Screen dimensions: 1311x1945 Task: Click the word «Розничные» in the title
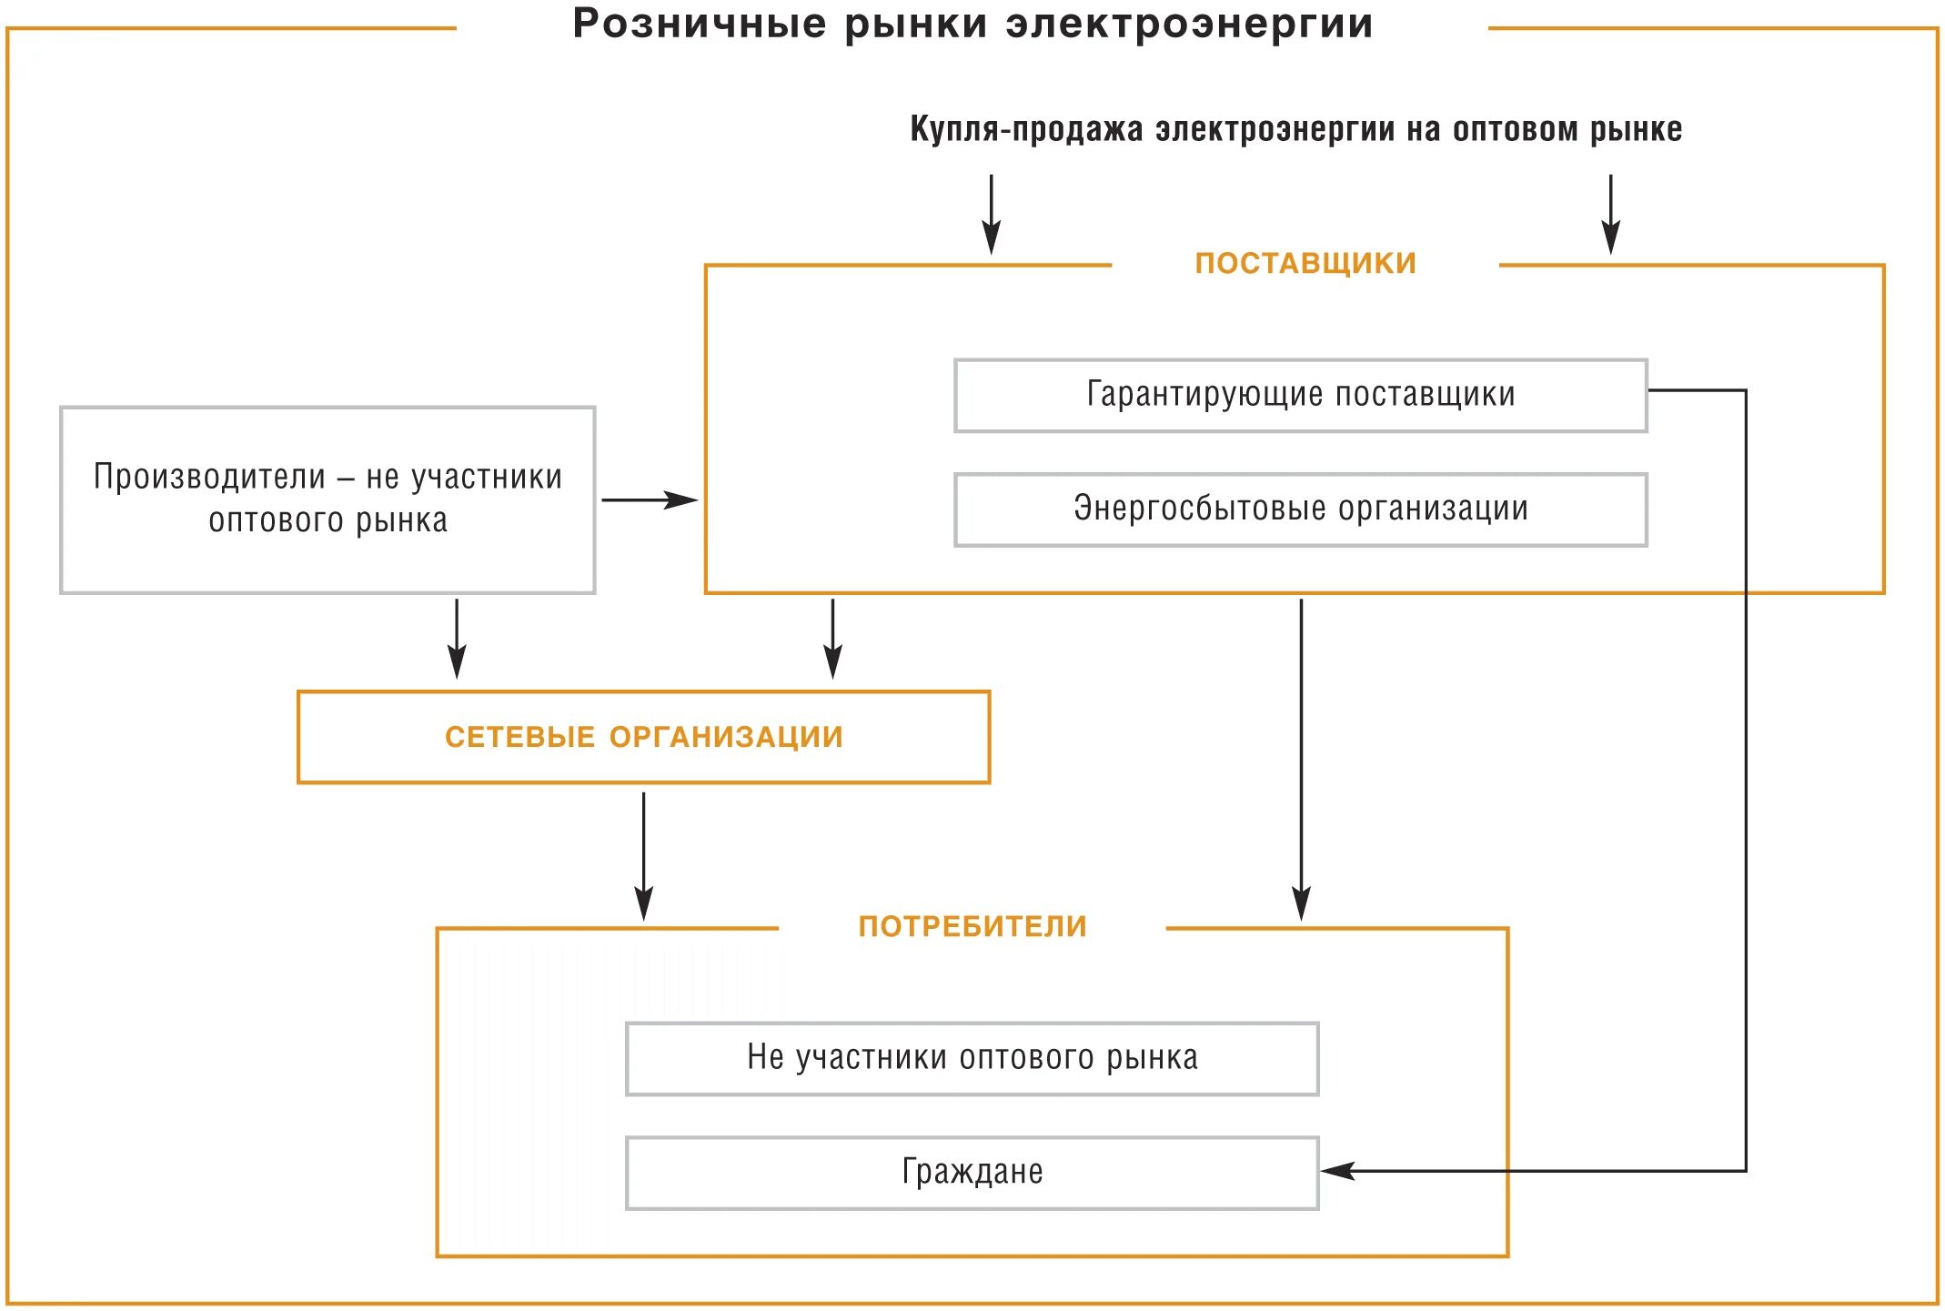point(699,24)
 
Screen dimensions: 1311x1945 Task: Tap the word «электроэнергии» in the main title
point(1189,24)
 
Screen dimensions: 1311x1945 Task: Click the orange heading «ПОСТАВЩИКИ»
point(1305,264)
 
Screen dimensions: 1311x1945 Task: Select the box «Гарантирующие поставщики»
point(1300,396)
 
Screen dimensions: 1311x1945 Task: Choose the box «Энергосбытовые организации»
point(1300,509)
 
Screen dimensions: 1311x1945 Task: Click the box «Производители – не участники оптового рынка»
point(328,499)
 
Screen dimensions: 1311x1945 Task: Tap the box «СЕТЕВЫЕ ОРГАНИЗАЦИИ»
point(643,737)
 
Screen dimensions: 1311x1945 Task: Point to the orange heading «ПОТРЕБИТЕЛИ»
point(972,927)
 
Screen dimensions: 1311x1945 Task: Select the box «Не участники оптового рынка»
point(972,1058)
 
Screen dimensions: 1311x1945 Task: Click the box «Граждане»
point(972,1172)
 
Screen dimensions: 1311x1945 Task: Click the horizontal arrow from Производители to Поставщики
point(649,499)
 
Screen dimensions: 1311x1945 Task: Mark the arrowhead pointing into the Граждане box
point(1338,1171)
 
